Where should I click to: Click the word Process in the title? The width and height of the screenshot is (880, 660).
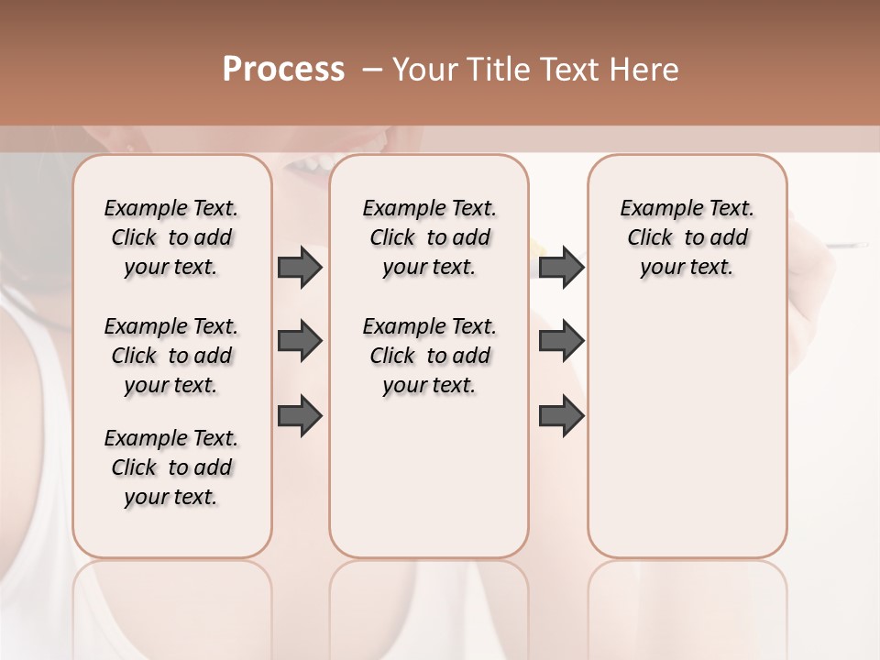click(283, 69)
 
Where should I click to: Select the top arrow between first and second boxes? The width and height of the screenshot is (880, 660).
click(300, 267)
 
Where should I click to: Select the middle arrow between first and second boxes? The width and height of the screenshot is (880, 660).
click(300, 342)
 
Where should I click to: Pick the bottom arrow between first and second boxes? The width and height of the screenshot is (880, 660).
click(300, 415)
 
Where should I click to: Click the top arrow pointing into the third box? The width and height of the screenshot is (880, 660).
click(561, 267)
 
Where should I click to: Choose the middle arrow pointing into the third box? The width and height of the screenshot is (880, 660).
click(561, 342)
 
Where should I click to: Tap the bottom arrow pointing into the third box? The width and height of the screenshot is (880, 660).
click(561, 415)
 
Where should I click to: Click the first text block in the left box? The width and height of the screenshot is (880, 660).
click(171, 237)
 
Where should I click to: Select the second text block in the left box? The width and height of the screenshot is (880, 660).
click(171, 356)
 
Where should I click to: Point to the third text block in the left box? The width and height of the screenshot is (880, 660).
click(171, 467)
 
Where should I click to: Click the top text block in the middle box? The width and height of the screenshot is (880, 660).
click(429, 237)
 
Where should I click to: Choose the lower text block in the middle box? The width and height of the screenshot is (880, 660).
click(429, 356)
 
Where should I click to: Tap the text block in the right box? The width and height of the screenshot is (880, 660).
click(687, 237)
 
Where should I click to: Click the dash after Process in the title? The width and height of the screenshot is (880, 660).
click(372, 70)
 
